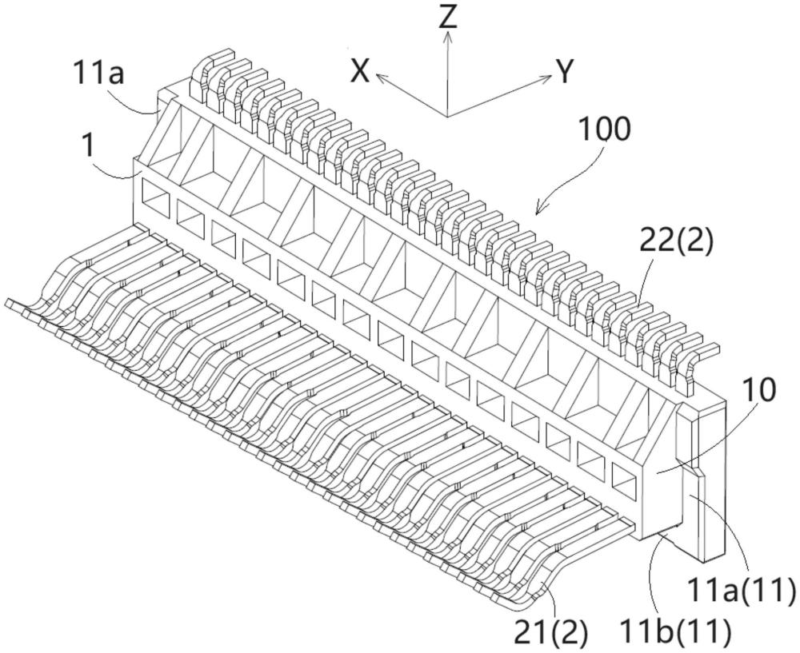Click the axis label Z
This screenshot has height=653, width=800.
pyautogui.click(x=448, y=17)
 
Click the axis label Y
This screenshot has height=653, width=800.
pyautogui.click(x=566, y=73)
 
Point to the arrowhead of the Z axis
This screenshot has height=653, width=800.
pyautogui.click(x=448, y=35)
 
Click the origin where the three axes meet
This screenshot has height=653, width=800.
pyautogui.click(x=447, y=115)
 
